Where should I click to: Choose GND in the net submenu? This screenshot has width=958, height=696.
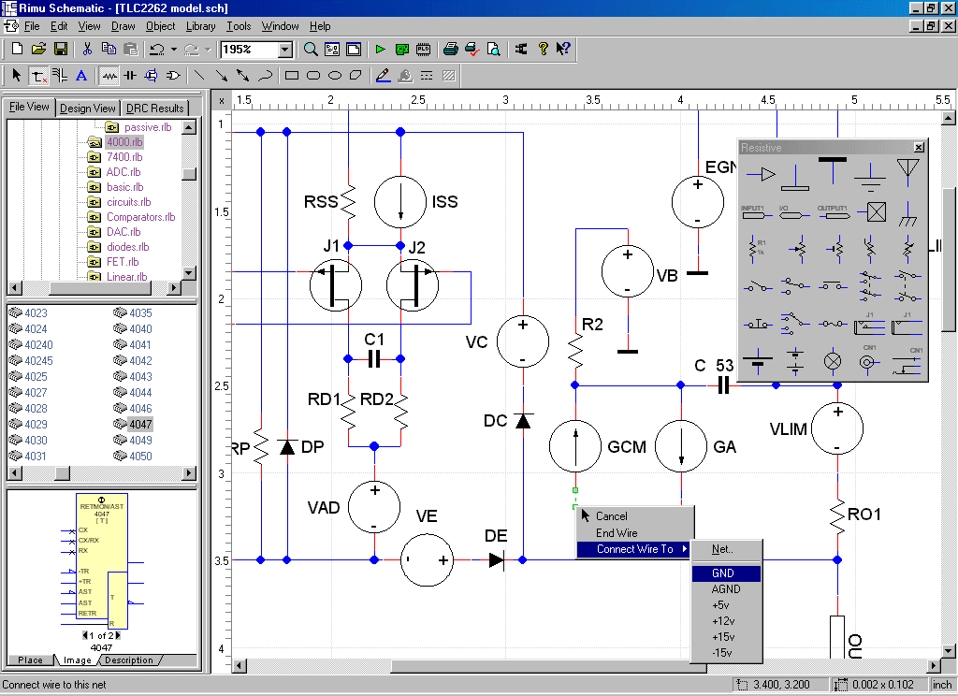click(723, 573)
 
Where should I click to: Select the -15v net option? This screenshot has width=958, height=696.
click(721, 653)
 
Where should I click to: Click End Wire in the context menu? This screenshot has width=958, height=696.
click(617, 533)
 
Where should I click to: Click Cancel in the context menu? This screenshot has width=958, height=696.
click(612, 516)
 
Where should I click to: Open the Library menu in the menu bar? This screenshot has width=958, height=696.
click(200, 26)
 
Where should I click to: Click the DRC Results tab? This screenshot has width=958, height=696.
click(155, 109)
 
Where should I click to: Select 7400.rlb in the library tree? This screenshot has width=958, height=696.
click(123, 157)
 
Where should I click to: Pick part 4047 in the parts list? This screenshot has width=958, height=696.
click(140, 424)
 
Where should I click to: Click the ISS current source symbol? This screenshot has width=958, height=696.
click(400, 200)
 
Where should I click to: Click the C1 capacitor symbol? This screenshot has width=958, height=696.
click(374, 357)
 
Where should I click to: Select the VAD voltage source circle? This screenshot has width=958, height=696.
click(374, 505)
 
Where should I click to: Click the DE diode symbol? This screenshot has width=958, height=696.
click(496, 560)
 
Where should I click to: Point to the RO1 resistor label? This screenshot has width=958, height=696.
click(865, 515)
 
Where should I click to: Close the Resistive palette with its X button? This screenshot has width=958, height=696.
click(919, 148)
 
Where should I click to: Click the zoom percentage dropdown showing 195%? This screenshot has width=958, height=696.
click(256, 50)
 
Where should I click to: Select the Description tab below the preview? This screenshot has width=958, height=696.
click(129, 660)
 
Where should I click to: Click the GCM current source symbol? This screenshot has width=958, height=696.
click(574, 446)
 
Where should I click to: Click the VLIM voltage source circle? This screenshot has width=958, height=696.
click(836, 428)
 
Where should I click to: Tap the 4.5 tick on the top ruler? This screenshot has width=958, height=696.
click(768, 99)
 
